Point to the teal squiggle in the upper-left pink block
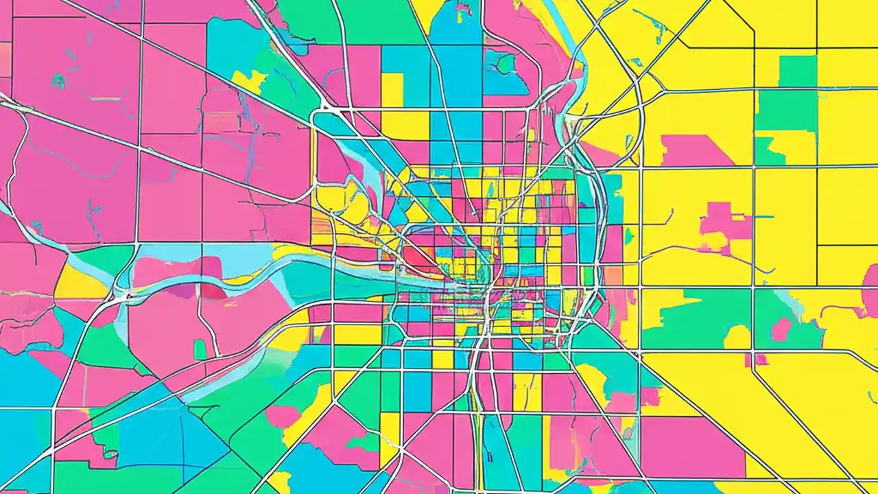(58, 81)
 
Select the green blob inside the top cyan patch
(506, 64)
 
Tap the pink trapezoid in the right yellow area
(687, 151)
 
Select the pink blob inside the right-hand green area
(781, 329)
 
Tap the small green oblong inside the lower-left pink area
(200, 350)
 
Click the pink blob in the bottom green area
(283, 416)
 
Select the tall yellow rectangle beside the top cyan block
(392, 90)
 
